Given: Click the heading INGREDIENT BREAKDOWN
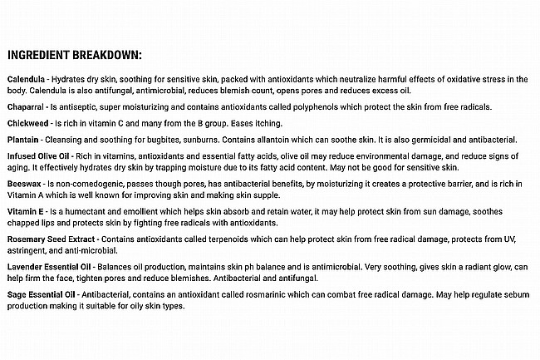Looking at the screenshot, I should click(75, 56).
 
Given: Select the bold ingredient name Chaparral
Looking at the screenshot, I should click(28, 106).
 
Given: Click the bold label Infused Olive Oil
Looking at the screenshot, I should click(40, 155).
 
